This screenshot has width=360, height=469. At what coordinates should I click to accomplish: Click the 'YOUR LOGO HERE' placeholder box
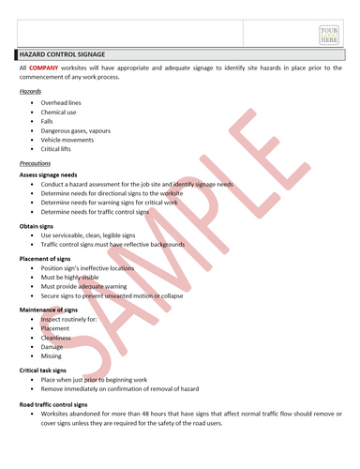pos(328,35)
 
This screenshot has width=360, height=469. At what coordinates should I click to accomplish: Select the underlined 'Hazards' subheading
pos(32,92)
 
